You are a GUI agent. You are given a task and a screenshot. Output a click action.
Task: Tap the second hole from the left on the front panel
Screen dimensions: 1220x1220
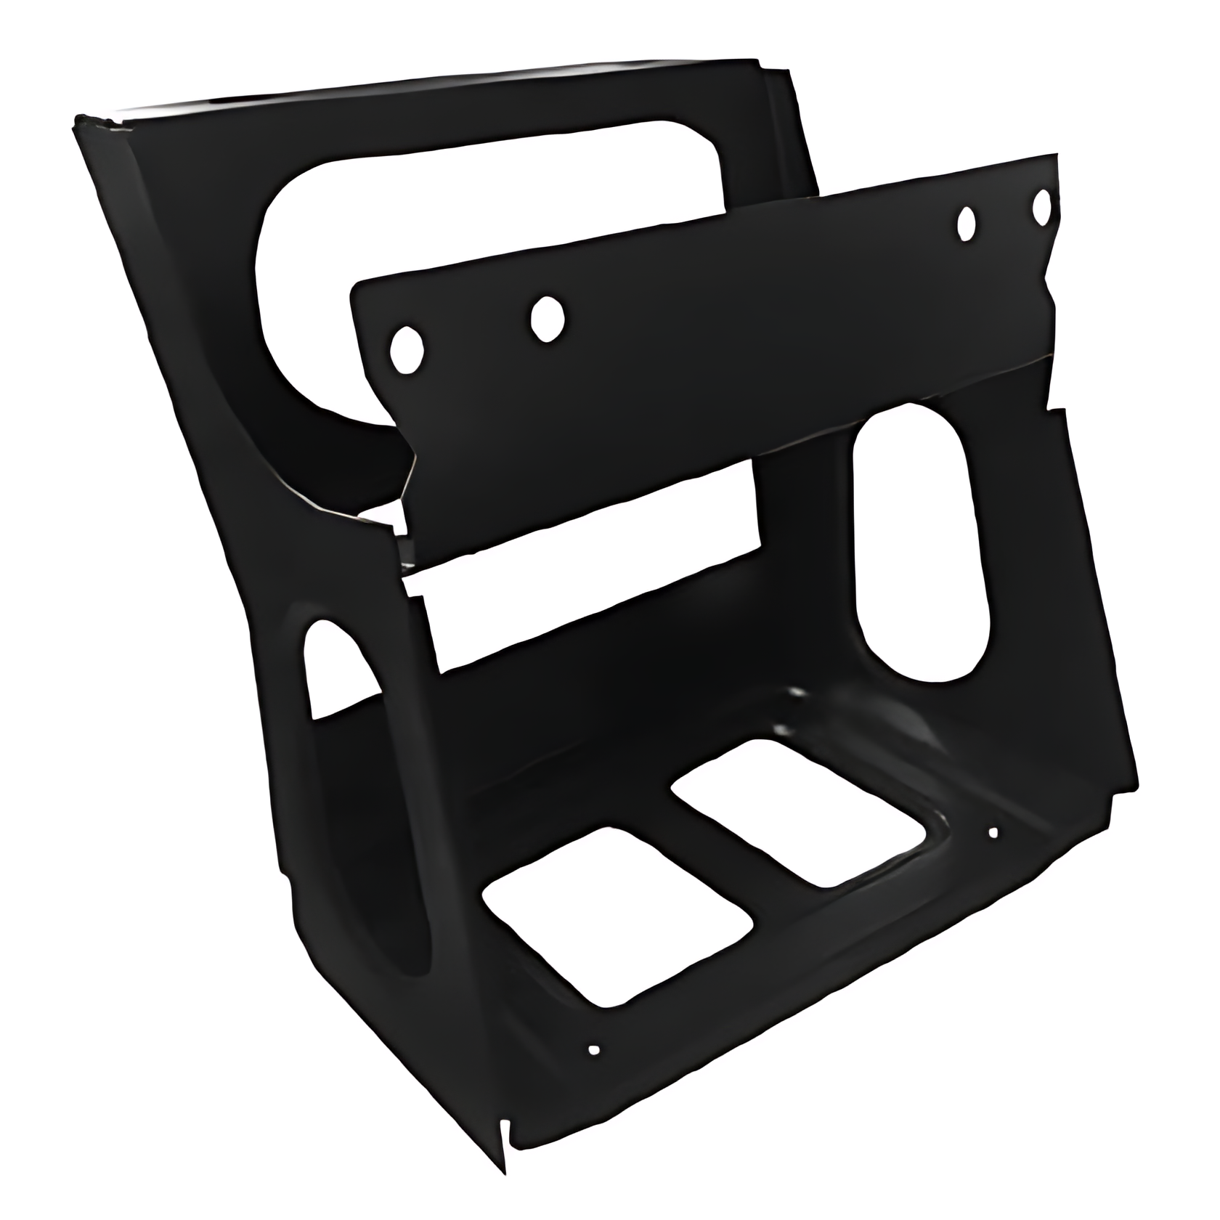(548, 317)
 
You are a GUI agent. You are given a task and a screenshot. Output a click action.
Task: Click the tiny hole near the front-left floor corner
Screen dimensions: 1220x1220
(594, 1049)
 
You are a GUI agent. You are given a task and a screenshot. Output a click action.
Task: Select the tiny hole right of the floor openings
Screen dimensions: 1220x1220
(993, 832)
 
